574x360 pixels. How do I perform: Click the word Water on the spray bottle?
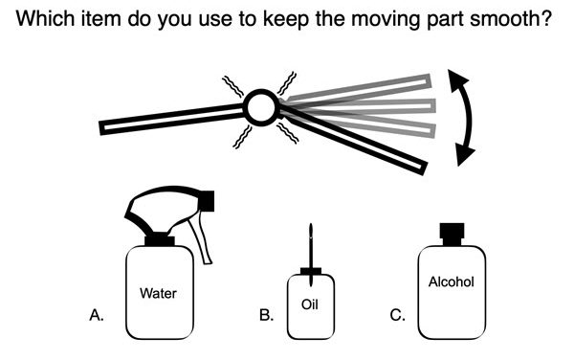(158, 293)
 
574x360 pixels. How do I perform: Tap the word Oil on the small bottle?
(309, 304)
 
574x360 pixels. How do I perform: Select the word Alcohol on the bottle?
(451, 282)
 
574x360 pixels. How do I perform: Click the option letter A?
(97, 315)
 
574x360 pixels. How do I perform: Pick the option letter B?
(266, 315)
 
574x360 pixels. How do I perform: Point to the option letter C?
(398, 315)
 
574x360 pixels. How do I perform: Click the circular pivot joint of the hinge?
(261, 107)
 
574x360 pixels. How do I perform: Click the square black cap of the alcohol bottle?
(452, 234)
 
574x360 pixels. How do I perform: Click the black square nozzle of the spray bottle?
(207, 200)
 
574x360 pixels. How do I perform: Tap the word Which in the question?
(46, 18)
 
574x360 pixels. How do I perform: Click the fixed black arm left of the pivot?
(172, 119)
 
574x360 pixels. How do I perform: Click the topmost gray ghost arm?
(355, 88)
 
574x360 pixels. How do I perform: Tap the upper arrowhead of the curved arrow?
(457, 79)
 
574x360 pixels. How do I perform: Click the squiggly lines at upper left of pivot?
(232, 86)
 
